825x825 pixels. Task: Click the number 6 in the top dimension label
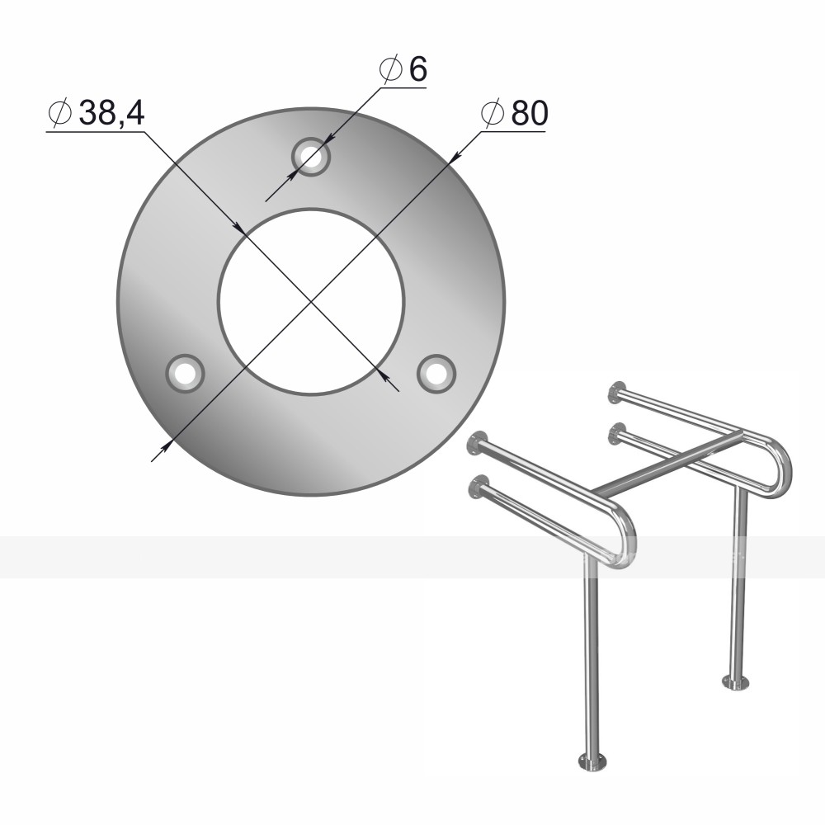pos(417,69)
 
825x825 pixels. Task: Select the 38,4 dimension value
pos(111,112)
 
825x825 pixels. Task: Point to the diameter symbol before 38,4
pos(59,112)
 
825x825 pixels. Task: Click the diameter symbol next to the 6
pos(390,69)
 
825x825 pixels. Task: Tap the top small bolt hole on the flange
pos(311,157)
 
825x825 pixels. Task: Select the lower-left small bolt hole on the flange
pos(185,374)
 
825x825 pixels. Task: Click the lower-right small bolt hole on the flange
pos(436,374)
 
